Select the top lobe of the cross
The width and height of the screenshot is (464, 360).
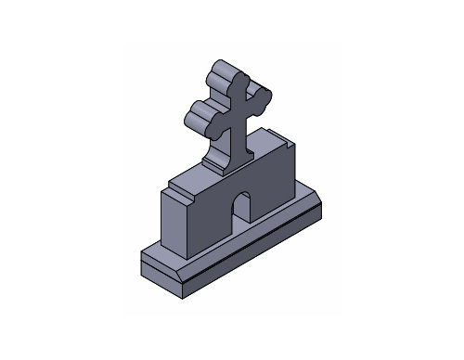coord(226,74)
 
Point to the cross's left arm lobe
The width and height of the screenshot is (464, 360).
coord(200,115)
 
